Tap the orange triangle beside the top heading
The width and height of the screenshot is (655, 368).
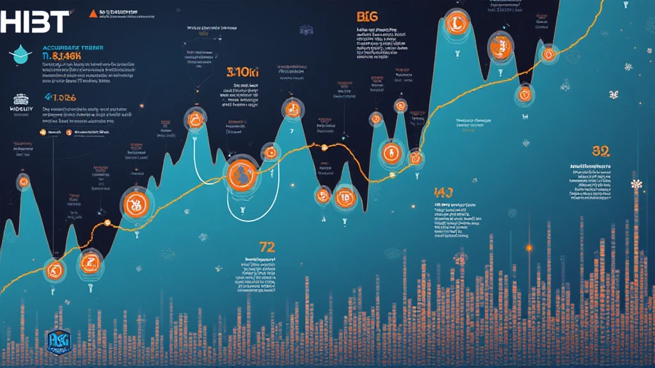[93, 13]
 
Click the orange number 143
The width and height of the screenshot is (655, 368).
[443, 192]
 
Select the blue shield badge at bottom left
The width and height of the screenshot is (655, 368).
[59, 342]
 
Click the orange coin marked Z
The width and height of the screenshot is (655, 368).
[90, 262]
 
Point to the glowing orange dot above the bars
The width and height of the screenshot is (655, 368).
[529, 247]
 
